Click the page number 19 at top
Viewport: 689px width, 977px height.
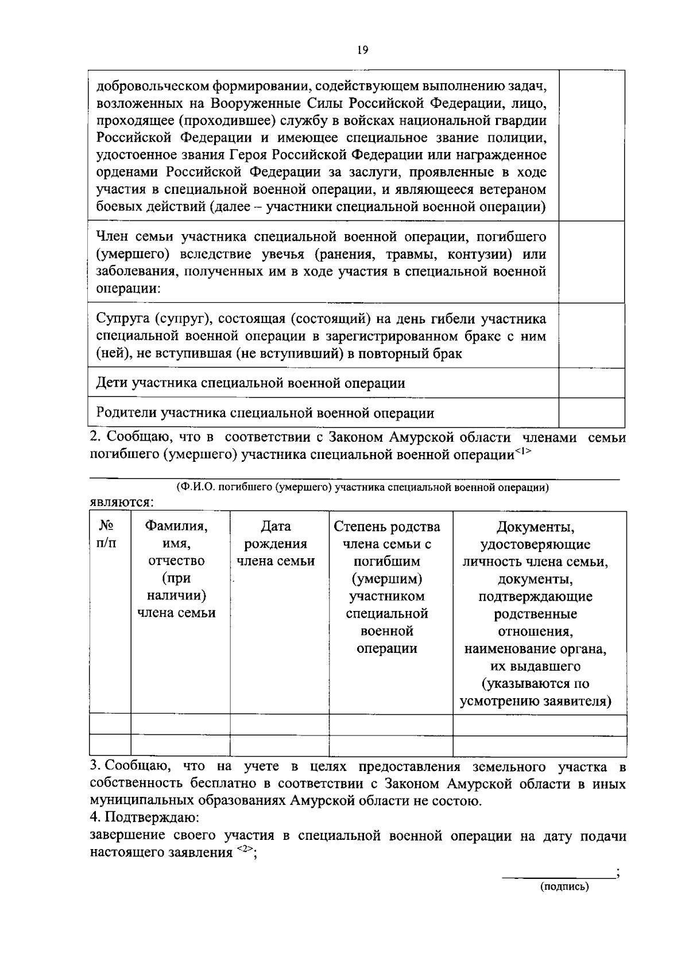(x=362, y=50)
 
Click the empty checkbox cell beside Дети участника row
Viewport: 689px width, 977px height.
(x=592, y=383)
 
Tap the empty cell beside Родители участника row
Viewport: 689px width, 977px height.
(x=592, y=412)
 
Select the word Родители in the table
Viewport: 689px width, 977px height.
(x=127, y=413)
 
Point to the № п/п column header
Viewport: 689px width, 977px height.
(x=106, y=534)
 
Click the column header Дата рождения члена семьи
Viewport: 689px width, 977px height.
(x=276, y=543)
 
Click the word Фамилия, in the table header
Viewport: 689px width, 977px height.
(x=176, y=526)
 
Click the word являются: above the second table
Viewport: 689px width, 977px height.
(x=121, y=503)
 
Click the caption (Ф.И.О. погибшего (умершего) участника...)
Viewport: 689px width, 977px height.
(x=362, y=488)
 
